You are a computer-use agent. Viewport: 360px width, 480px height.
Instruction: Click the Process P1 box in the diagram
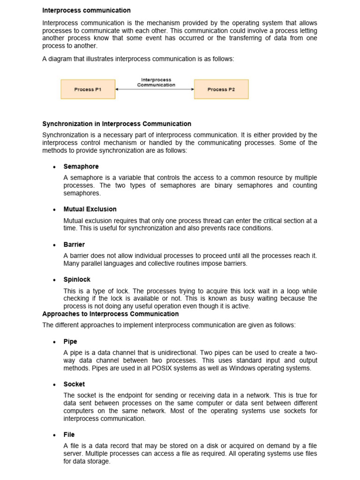click(x=88, y=89)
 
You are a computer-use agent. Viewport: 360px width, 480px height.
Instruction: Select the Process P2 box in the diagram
click(x=221, y=89)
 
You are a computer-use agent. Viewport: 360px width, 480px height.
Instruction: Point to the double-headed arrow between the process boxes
click(x=155, y=89)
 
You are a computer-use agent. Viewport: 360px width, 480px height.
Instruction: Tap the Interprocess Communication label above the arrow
click(x=156, y=82)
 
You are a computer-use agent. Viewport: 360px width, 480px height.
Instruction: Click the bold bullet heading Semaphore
click(x=81, y=166)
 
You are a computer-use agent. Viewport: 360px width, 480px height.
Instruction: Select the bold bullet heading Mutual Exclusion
click(x=90, y=209)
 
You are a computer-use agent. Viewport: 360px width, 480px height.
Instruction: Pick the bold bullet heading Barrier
click(x=74, y=244)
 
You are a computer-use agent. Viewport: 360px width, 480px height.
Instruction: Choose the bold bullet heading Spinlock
click(x=77, y=279)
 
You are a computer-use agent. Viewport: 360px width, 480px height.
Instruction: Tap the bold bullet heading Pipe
click(x=70, y=341)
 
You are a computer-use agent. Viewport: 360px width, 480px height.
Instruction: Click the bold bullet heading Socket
click(x=74, y=384)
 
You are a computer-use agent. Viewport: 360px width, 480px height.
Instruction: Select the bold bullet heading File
click(x=69, y=435)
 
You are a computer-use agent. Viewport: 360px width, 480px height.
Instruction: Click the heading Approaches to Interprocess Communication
click(x=110, y=314)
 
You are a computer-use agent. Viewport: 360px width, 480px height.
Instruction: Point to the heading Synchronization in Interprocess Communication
click(x=117, y=124)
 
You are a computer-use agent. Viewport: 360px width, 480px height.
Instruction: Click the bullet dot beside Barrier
click(x=55, y=245)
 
